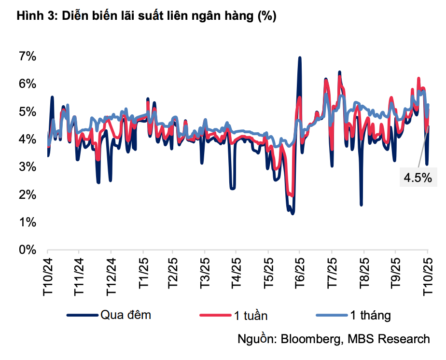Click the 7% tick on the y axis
[28, 56]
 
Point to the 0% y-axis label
[28, 250]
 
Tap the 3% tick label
[28, 167]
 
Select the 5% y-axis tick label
[28, 111]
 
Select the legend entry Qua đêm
[125, 315]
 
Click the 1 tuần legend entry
[251, 316]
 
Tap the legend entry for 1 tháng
[370, 316]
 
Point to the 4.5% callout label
[418, 178]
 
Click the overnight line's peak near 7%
[300, 58]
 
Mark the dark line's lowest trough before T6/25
[293, 212]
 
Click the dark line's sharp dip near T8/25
[361, 204]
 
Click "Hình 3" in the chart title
[32, 16]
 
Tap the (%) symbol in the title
[267, 16]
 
